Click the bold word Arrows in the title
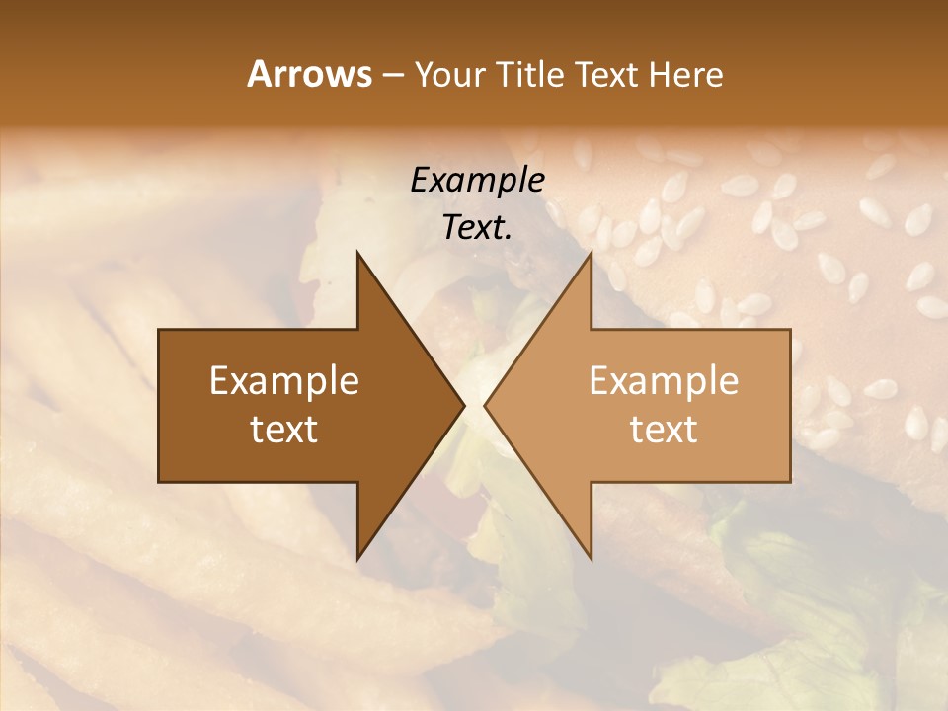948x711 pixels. coord(310,74)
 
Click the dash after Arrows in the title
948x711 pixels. coord(392,75)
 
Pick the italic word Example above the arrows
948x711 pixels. coord(477,181)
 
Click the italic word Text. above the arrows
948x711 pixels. coord(477,228)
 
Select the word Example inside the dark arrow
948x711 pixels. coord(284,381)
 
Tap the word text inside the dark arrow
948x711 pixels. coord(284,430)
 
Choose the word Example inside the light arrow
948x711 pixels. coord(664,381)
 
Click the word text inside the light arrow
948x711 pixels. coord(664,430)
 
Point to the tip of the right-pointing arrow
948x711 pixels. coord(465,405)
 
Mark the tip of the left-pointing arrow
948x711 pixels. coord(484,405)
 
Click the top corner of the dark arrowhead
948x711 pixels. coord(357,251)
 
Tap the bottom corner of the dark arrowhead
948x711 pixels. coord(357,560)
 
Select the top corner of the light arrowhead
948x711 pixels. coord(592,251)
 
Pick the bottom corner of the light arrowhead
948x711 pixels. coord(592,560)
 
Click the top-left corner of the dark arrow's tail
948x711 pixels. coord(159,330)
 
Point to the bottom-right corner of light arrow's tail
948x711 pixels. coord(790,482)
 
